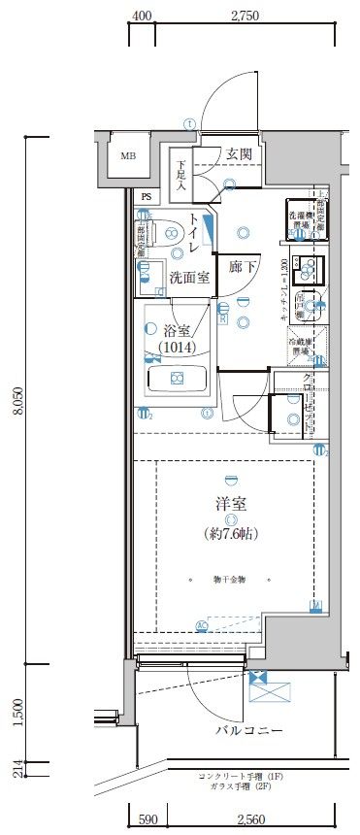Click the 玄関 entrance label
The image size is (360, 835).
240,153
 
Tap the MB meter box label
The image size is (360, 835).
128,155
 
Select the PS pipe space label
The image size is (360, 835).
147,195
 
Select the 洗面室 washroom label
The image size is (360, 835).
189,277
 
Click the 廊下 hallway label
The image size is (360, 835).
242,266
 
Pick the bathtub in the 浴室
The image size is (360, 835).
177,378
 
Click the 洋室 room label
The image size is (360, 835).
230,504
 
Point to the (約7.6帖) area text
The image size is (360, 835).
230,533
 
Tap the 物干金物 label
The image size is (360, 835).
230,579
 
